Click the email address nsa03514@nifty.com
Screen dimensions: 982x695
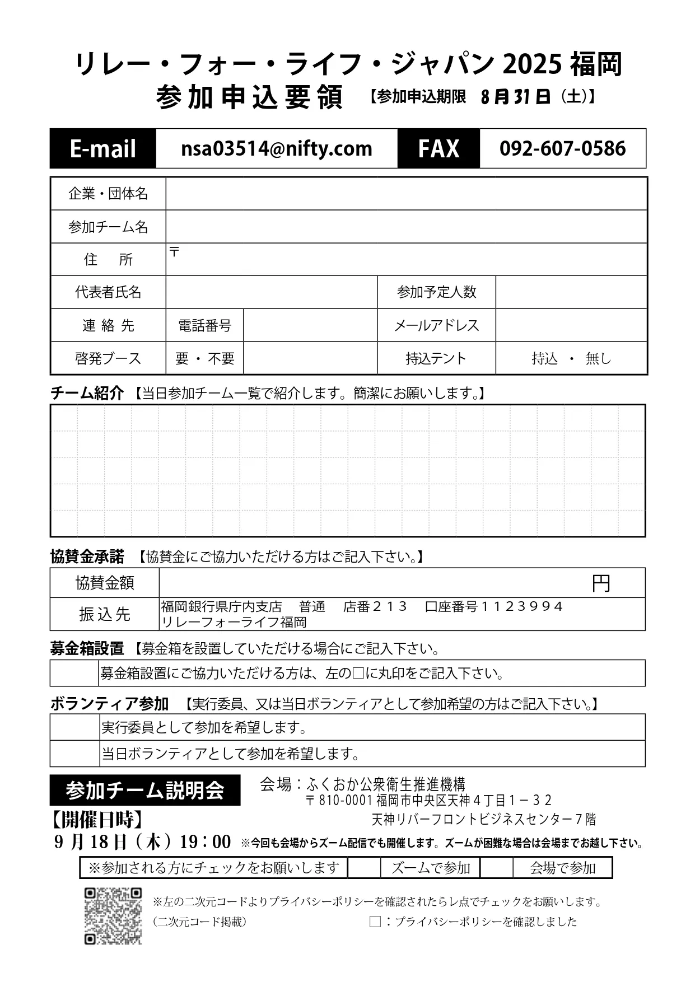coord(277,148)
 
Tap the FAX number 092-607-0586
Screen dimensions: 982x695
coord(562,148)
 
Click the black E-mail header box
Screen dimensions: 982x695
coord(103,148)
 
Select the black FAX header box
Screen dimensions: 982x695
coord(439,148)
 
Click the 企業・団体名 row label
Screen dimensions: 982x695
coord(108,194)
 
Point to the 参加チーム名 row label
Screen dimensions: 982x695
coord(108,227)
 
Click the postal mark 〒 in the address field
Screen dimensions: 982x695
coord(174,252)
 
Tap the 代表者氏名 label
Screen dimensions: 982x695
coord(108,292)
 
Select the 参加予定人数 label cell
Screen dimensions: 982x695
coord(436,292)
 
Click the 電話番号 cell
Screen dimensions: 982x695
coord(204,325)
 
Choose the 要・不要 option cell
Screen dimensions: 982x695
coord(204,358)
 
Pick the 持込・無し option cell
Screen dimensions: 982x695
coord(571,358)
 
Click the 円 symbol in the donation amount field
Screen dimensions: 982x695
coord(601,584)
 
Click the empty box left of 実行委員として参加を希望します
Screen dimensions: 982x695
coord(75,727)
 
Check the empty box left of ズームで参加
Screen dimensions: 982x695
coord(364,868)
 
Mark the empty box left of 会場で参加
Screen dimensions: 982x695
coord(497,868)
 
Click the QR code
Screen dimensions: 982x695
coord(113,916)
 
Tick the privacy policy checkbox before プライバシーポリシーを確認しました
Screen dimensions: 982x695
coord(375,922)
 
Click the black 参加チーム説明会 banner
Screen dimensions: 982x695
coord(145,790)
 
